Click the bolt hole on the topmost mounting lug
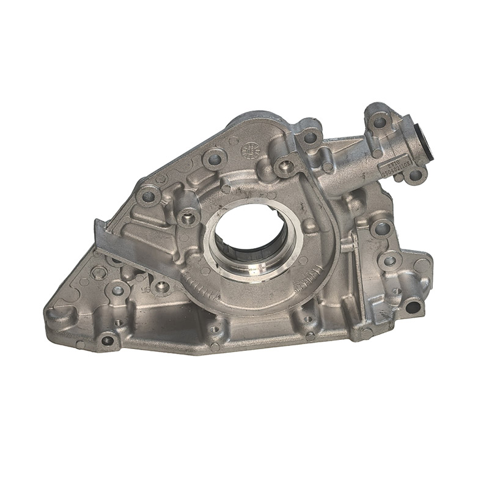380,122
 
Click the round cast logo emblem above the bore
249,150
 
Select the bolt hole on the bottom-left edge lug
108,340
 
